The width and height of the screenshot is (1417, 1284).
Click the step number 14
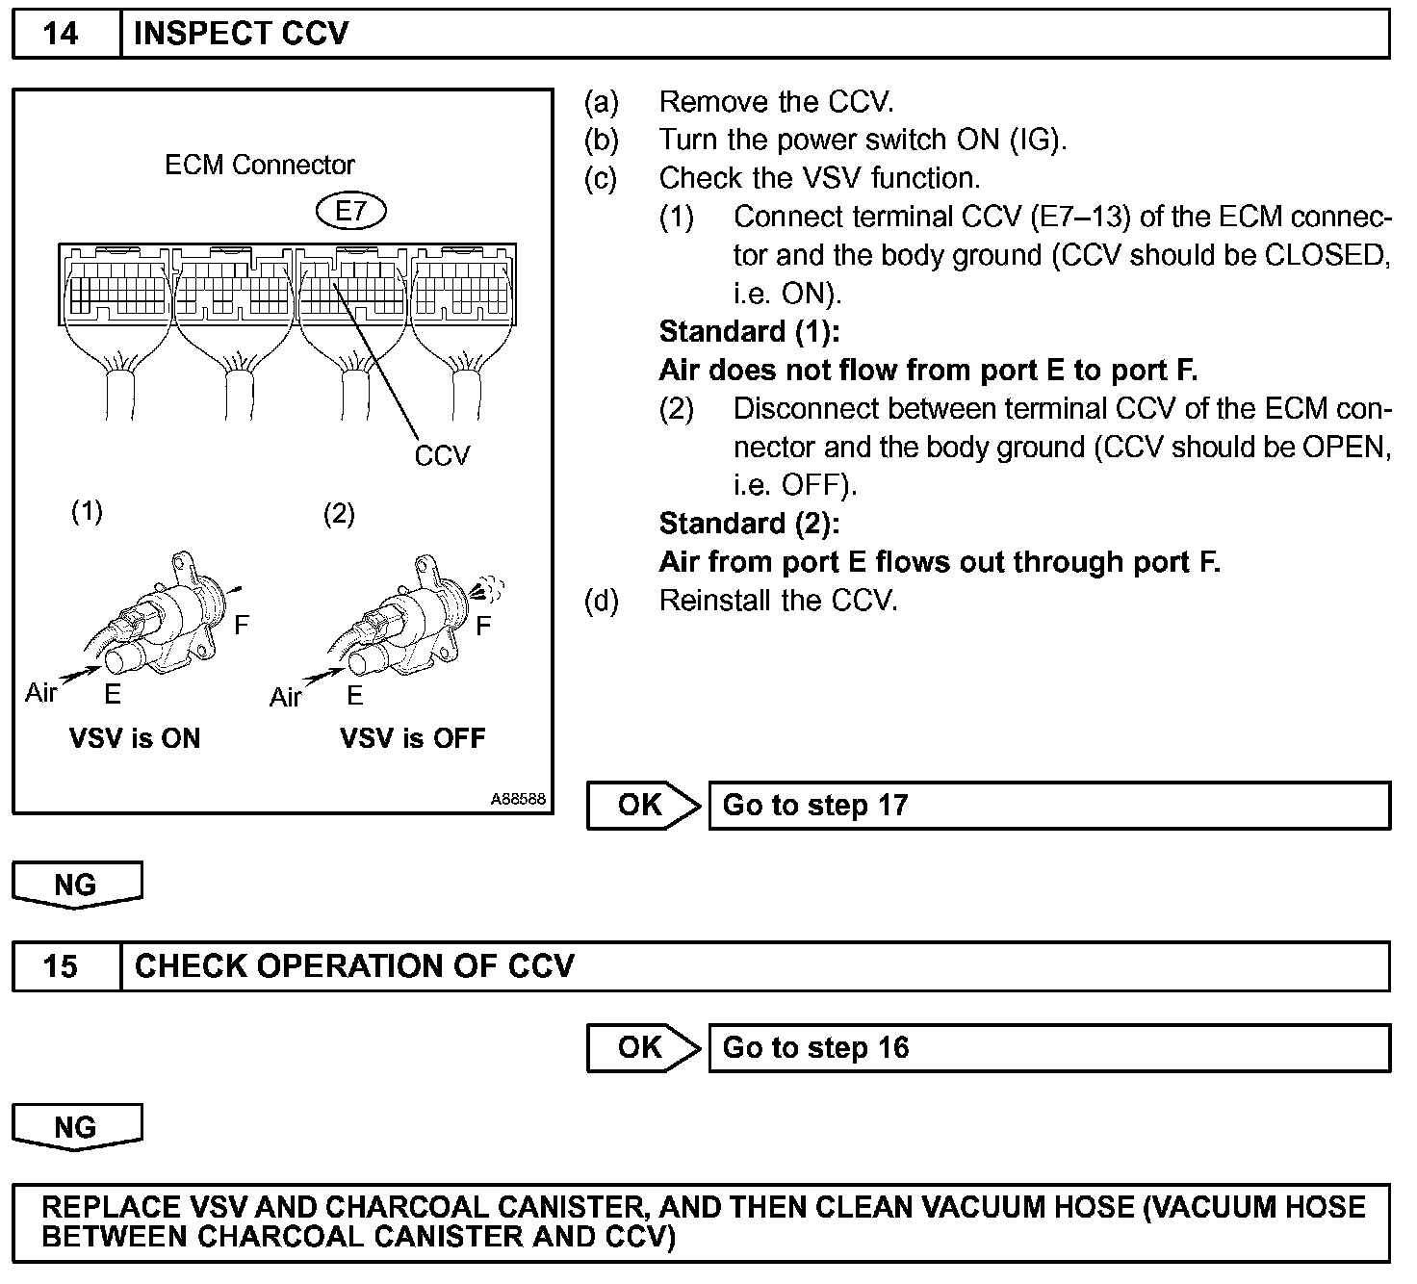[x=61, y=34]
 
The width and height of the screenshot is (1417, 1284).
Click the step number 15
[x=61, y=966]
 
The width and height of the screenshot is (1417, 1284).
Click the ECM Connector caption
[x=260, y=166]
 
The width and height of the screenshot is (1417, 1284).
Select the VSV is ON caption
[x=135, y=739]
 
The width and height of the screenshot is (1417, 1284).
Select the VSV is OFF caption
[x=413, y=739]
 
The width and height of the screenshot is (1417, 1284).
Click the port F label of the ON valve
[x=242, y=626]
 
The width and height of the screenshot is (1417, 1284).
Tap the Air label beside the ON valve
[x=40, y=693]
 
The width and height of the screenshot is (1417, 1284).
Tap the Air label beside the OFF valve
[x=285, y=697]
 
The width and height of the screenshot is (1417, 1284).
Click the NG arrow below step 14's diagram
[x=76, y=884]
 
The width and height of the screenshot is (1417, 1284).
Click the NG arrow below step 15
[x=76, y=1127]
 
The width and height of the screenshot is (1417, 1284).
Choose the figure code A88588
[x=518, y=799]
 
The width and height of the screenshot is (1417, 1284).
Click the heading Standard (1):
[x=749, y=332]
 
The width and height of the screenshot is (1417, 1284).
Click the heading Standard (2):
[x=749, y=524]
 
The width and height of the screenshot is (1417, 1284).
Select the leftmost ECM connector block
[x=115, y=289]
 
